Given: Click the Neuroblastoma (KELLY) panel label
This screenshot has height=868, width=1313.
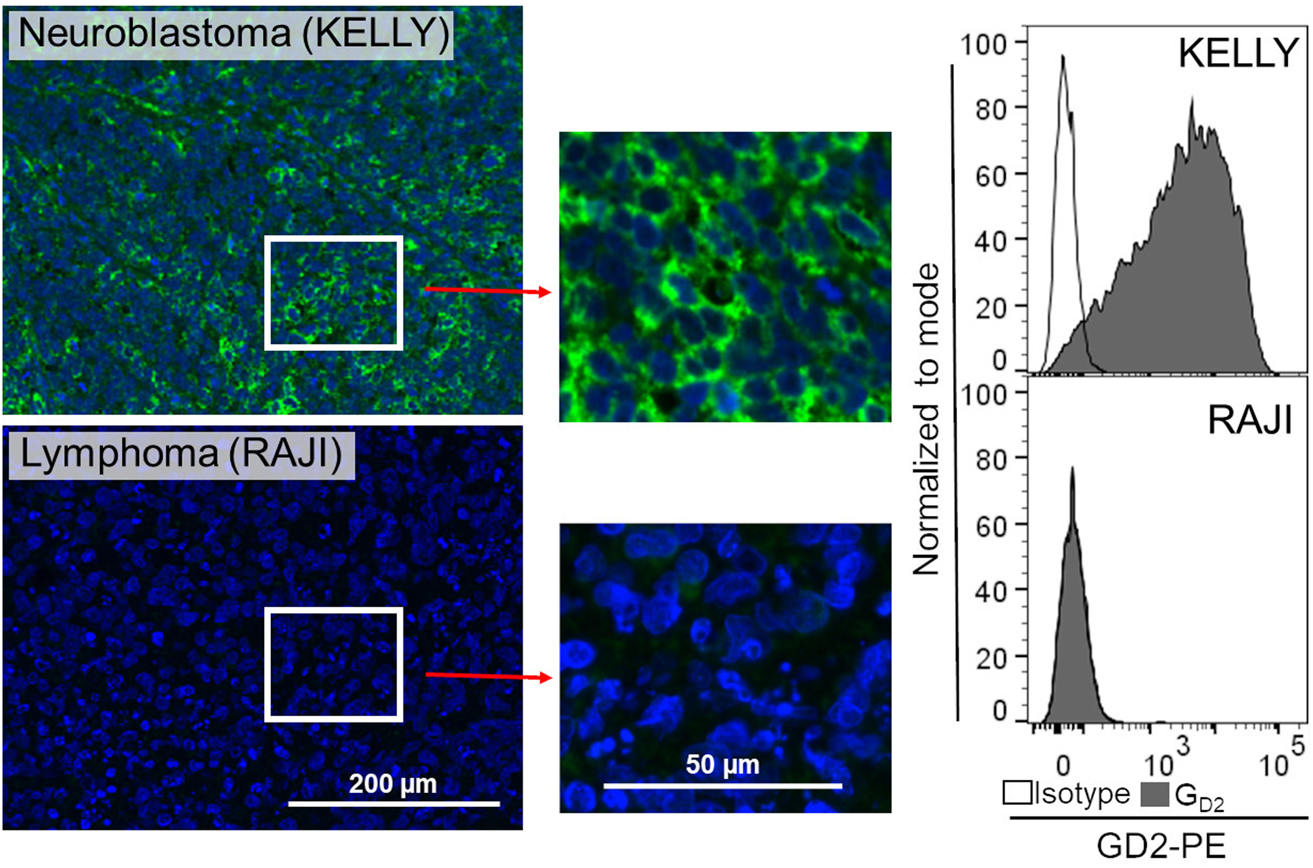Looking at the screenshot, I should coord(231,33).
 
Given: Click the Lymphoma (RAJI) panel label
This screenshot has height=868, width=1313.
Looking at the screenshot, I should coord(181,454).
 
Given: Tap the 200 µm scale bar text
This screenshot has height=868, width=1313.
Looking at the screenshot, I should coord(393,784).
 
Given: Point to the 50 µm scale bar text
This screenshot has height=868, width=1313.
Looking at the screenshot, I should coord(722,765).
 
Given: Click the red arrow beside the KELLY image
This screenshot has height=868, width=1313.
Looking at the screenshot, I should coord(488,290).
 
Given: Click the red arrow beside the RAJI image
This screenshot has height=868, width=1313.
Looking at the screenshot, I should coord(488,676).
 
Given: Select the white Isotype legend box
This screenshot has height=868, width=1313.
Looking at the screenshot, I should coord(1017,793).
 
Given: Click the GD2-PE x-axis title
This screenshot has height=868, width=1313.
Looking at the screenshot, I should coord(1161,846).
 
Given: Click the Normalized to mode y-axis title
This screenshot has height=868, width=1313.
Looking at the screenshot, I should coord(926,419).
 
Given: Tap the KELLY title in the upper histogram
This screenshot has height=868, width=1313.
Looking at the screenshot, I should coord(1238,53).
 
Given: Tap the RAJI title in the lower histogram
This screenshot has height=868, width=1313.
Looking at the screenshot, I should coord(1249,420).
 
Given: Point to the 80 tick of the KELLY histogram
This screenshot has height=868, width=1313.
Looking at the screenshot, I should coord(992,110).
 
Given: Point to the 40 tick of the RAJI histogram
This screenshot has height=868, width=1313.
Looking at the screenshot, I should coord(992,591).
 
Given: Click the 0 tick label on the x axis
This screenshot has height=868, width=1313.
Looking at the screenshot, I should coord(1064,766).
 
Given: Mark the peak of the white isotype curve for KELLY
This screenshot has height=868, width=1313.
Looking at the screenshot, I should coord(1063,57).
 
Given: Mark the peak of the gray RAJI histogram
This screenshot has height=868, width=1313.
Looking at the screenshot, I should coord(1072,469).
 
